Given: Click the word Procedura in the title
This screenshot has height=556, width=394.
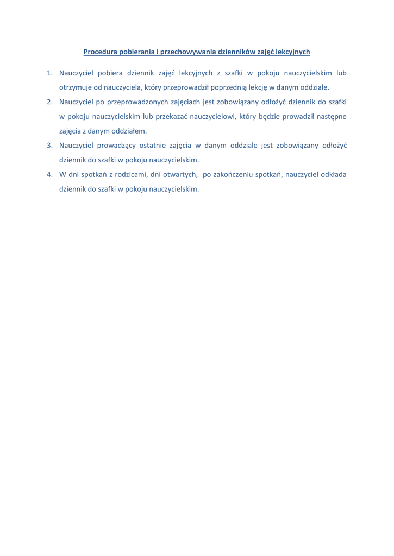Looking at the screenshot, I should click(101, 52).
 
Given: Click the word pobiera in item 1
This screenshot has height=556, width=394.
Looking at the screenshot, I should click(110, 73).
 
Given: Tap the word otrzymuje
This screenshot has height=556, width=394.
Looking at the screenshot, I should click(76, 87).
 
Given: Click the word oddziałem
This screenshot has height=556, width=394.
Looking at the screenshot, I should click(129, 131).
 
